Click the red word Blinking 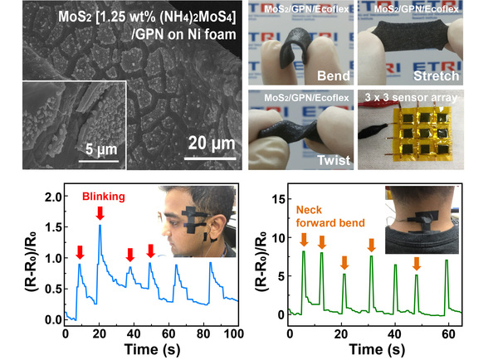coord(105,197)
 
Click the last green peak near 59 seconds coord(447,260)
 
